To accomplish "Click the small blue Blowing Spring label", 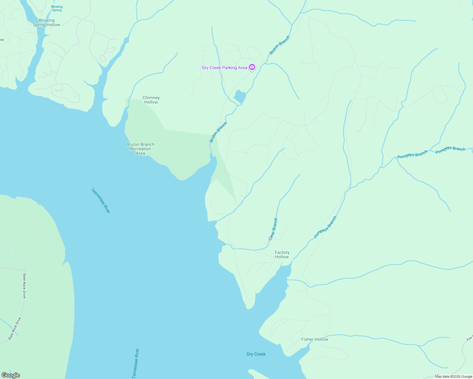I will (57, 8).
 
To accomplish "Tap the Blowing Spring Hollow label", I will (46, 22).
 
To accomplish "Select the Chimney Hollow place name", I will (151, 100).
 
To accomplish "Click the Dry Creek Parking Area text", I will (224, 68).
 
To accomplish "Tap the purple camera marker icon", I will (252, 67).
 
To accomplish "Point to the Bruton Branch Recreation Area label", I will (140, 149).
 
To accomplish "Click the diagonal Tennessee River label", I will (101, 201).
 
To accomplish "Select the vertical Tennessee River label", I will (135, 363).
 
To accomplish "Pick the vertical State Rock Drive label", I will (24, 286).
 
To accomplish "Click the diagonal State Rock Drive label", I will (15, 328).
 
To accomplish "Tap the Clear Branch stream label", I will (273, 229).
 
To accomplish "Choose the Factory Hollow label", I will (282, 255).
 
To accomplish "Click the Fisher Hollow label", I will (315, 339).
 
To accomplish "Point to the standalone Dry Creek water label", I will (256, 354).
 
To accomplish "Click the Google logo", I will (10, 375).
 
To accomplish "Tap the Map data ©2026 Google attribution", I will (453, 376).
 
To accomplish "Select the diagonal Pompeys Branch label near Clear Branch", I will (325, 227).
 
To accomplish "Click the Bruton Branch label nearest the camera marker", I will (279, 45).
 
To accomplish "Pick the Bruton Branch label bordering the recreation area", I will (218, 132).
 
